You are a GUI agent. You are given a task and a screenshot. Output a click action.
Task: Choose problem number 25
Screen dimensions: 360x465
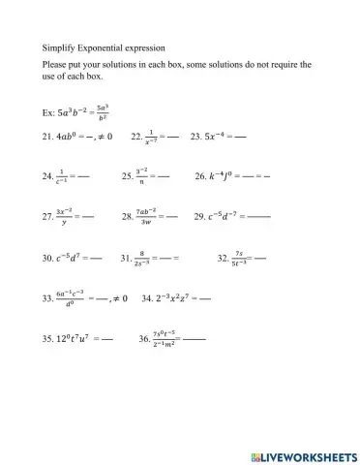(x=128, y=177)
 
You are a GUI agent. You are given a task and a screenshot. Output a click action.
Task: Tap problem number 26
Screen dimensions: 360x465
(x=201, y=177)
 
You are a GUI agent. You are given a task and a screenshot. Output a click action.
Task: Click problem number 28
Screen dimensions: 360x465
(x=128, y=217)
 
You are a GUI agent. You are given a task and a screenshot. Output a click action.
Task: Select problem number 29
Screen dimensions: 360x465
(x=200, y=217)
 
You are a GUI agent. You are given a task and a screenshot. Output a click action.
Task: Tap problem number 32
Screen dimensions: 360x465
(x=225, y=259)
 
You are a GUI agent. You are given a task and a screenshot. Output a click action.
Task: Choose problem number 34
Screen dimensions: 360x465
(x=148, y=299)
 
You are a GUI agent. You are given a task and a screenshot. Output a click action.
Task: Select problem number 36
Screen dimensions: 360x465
(x=145, y=340)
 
